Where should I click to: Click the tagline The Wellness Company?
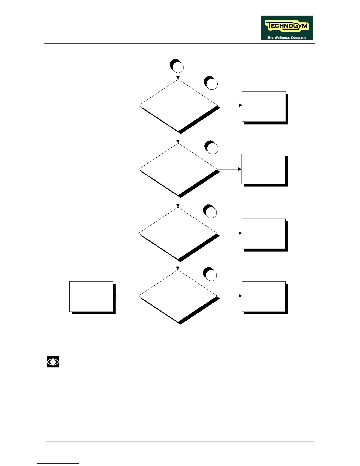coord(286,38)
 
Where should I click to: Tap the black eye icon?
coord(53,362)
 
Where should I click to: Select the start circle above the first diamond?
coord(178,67)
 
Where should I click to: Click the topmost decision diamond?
coord(178,105)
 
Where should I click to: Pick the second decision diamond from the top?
coord(178,169)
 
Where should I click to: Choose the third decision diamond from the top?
coord(178,234)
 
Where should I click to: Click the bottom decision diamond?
coord(178,296)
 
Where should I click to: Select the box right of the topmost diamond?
coord(264,106)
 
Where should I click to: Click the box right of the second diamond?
coord(263,169)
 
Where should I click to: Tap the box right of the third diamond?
coord(264,234)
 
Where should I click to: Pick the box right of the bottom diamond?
coord(264,296)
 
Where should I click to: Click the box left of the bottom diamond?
coord(91,296)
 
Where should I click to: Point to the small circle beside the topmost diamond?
coord(211,84)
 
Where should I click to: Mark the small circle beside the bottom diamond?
coord(211,275)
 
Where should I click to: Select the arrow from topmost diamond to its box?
coord(230,105)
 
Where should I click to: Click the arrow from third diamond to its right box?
coord(229,233)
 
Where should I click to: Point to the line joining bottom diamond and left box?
coord(127,296)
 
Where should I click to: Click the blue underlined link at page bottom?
coord(58,463)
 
